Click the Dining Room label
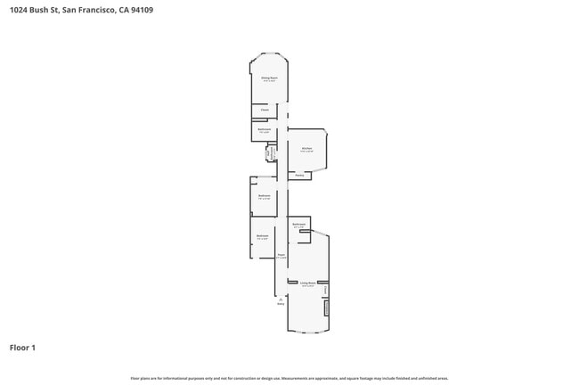(x=269, y=78)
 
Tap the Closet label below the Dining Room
(x=265, y=111)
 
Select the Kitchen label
(x=306, y=148)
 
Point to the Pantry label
(x=299, y=176)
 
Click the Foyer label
(x=281, y=256)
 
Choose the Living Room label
(x=307, y=283)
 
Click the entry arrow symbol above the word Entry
(x=281, y=298)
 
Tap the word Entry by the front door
(x=281, y=304)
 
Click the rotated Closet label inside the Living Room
(x=326, y=289)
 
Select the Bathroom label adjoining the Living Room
(x=299, y=224)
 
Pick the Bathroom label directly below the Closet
(x=265, y=130)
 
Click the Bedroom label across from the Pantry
(x=264, y=196)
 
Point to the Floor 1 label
(x=22, y=348)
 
